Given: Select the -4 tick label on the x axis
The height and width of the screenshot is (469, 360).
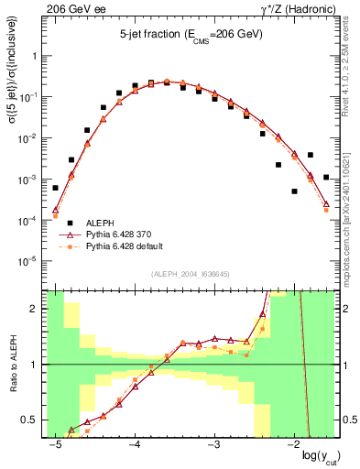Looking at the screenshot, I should [134, 443].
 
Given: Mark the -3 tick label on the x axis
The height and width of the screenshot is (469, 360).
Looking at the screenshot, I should [213, 443].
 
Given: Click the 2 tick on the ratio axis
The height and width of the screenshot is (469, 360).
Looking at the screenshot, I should [36, 309].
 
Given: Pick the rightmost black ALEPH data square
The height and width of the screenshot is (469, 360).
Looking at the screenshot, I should [326, 177].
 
